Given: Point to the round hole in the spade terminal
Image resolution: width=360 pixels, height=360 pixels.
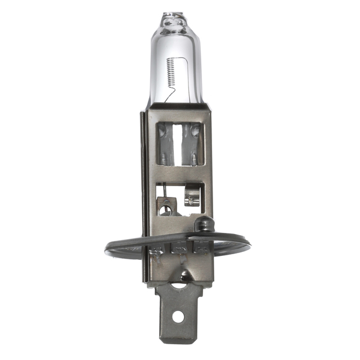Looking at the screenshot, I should click(x=178, y=316).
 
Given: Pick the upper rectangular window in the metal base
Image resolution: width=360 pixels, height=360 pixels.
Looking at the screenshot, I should click(x=179, y=143).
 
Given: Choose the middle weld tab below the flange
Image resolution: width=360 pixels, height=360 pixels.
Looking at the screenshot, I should click(x=179, y=249).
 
